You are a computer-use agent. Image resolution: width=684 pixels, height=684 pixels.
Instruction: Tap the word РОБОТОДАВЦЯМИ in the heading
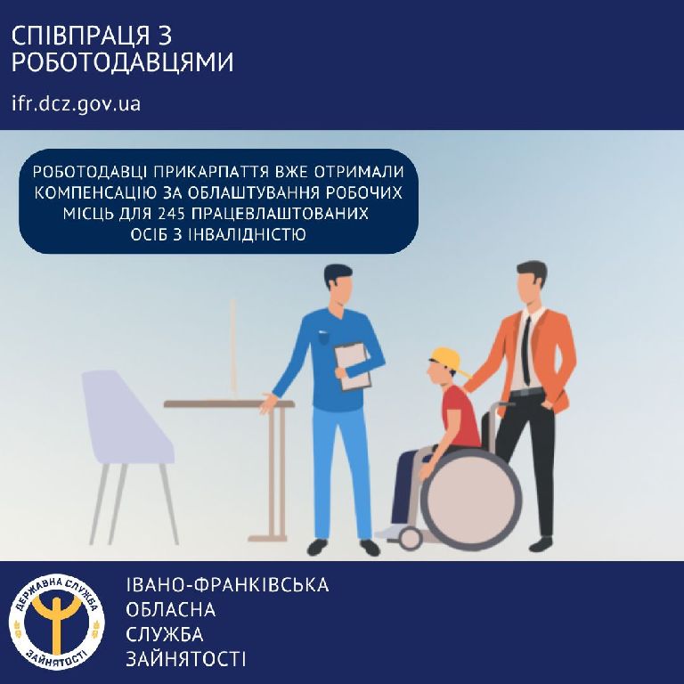(x=123, y=62)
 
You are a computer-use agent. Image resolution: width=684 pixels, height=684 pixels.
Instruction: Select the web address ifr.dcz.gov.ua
(x=77, y=104)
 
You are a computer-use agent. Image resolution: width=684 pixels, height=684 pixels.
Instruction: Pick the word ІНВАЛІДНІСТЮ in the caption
(x=248, y=235)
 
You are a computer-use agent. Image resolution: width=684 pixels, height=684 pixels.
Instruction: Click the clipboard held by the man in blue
(x=354, y=366)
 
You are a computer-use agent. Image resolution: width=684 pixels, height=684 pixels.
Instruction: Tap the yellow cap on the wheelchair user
(x=448, y=361)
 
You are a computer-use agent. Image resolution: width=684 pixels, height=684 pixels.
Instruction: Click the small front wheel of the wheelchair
(x=410, y=538)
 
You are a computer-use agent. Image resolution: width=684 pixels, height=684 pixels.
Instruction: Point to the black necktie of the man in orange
(x=526, y=351)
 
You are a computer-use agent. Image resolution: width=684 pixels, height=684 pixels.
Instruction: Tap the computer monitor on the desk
(x=233, y=346)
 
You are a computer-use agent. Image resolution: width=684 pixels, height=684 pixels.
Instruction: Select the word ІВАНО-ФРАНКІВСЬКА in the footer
(x=227, y=585)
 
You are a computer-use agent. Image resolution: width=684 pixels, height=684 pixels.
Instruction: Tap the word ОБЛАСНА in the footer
(x=171, y=609)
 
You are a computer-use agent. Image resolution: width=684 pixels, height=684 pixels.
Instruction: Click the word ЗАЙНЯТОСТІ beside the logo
(x=186, y=659)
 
